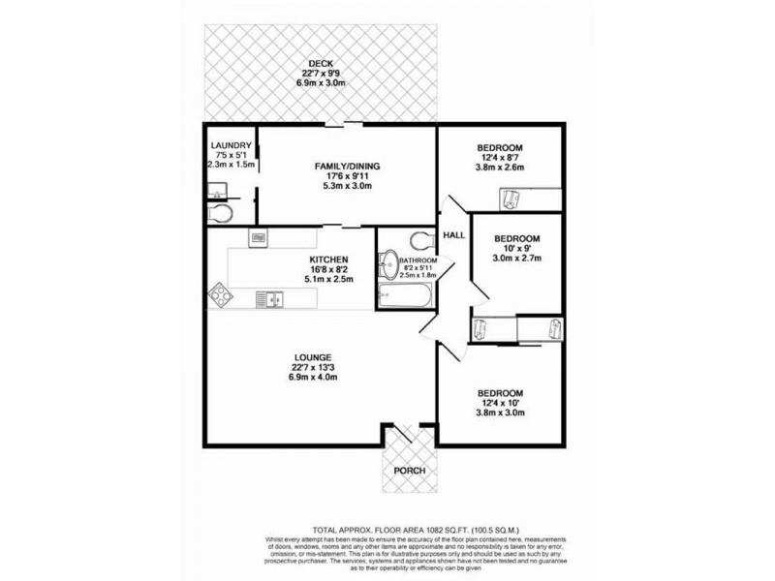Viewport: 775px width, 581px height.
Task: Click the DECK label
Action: (x=321, y=64)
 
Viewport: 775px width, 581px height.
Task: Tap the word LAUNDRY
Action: (x=232, y=145)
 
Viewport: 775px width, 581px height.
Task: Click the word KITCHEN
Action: (x=329, y=260)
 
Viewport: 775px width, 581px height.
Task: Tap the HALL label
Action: (x=453, y=235)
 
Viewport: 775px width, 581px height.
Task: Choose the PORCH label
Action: (x=410, y=471)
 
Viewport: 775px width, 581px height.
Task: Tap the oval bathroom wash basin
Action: (x=387, y=264)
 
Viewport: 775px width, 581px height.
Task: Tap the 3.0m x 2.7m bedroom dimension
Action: (x=517, y=259)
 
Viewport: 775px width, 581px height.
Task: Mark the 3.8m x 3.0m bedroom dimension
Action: (x=500, y=413)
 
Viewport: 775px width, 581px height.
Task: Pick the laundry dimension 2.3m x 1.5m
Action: (x=231, y=165)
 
